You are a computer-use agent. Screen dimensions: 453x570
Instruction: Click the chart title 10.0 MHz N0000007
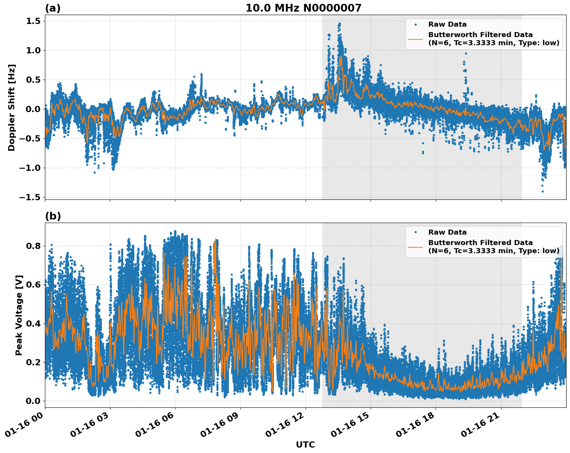(x=303, y=8)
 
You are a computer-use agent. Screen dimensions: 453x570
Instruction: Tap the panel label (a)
(x=53, y=8)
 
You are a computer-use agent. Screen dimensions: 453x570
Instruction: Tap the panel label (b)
(x=53, y=216)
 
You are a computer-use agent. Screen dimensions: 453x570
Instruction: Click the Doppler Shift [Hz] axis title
(x=12, y=107)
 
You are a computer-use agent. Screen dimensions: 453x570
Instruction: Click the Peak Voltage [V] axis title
(x=19, y=315)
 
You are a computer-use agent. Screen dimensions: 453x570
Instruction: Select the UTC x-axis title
(x=305, y=444)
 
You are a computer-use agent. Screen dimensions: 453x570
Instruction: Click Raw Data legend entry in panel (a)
(x=447, y=24)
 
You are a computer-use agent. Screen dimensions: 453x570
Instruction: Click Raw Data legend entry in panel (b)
(x=447, y=232)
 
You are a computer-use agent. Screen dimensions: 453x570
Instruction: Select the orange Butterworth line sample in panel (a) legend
(x=415, y=39)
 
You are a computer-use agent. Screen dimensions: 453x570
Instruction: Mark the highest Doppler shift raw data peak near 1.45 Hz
(x=340, y=24)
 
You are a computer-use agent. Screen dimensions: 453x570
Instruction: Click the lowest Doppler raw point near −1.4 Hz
(x=543, y=191)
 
